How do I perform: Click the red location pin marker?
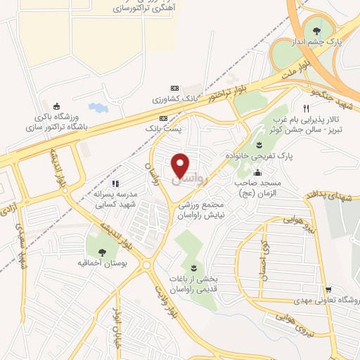pos(181,165)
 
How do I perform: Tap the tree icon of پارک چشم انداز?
pos(316,30)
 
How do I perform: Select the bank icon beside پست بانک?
pos(163,118)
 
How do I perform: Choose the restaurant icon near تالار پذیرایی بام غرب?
pos(305,108)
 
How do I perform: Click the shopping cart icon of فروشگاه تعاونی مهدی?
pos(328,289)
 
